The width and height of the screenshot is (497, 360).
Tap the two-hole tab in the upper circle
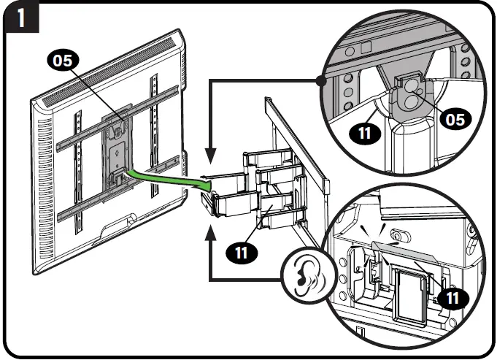click(410, 93)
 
